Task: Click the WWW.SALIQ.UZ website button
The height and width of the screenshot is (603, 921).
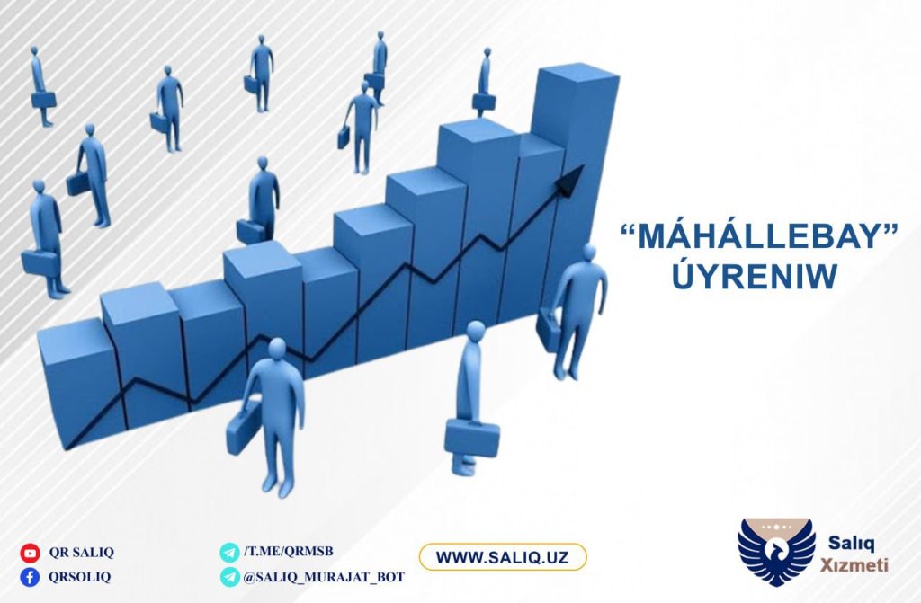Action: [502, 557]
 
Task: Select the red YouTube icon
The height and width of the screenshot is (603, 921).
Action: [30, 553]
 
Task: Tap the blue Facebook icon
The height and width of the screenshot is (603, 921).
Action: [30, 577]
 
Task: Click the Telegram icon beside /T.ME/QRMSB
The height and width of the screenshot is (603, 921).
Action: [229, 552]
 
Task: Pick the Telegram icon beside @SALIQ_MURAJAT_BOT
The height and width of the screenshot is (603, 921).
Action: [229, 577]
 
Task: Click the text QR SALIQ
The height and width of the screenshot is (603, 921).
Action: [82, 553]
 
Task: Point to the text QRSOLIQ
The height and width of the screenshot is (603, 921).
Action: [79, 577]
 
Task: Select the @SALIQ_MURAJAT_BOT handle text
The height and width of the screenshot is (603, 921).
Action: [324, 577]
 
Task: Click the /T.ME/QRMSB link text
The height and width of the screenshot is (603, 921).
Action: [289, 552]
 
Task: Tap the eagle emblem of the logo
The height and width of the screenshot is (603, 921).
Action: [776, 552]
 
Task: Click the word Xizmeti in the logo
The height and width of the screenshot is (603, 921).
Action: [854, 565]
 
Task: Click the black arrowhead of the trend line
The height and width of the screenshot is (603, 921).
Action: [570, 179]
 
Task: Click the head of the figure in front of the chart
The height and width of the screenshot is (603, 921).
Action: [277, 348]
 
